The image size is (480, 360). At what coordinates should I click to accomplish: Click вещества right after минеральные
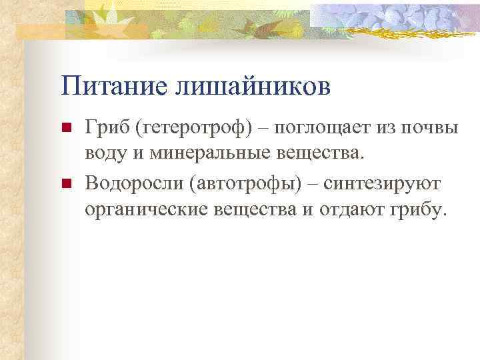317,154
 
